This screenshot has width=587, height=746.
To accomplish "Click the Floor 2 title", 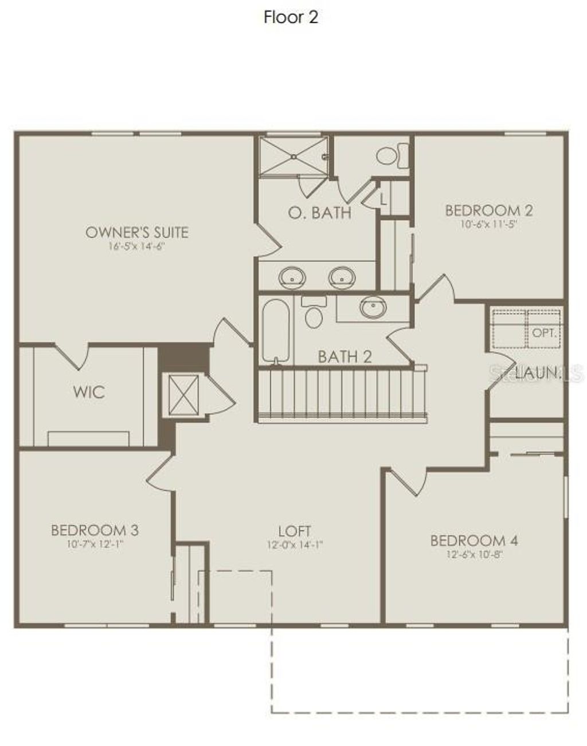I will pos(291,17).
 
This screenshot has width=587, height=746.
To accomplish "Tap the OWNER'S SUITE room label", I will pos(136,232).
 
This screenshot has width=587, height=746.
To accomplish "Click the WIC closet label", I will pos(89,392).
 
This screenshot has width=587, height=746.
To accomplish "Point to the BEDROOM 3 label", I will pos(95,529).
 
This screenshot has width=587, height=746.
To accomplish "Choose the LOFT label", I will pos(295,531).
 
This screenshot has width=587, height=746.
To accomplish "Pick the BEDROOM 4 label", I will pos(474,540).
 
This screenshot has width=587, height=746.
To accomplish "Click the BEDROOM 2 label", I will pos(489,210).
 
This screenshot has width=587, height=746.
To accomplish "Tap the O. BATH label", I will pos(319,213).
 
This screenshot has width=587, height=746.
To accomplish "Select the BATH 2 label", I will pos(345,357).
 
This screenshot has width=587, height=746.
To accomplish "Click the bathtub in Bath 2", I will pos(275,331).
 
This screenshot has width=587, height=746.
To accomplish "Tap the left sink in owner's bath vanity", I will pos(292,278).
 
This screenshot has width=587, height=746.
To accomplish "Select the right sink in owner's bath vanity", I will pos(342,278).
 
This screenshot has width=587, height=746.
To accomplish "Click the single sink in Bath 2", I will pos(373,308).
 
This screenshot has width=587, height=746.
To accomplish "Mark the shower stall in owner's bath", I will pos(293,156).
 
